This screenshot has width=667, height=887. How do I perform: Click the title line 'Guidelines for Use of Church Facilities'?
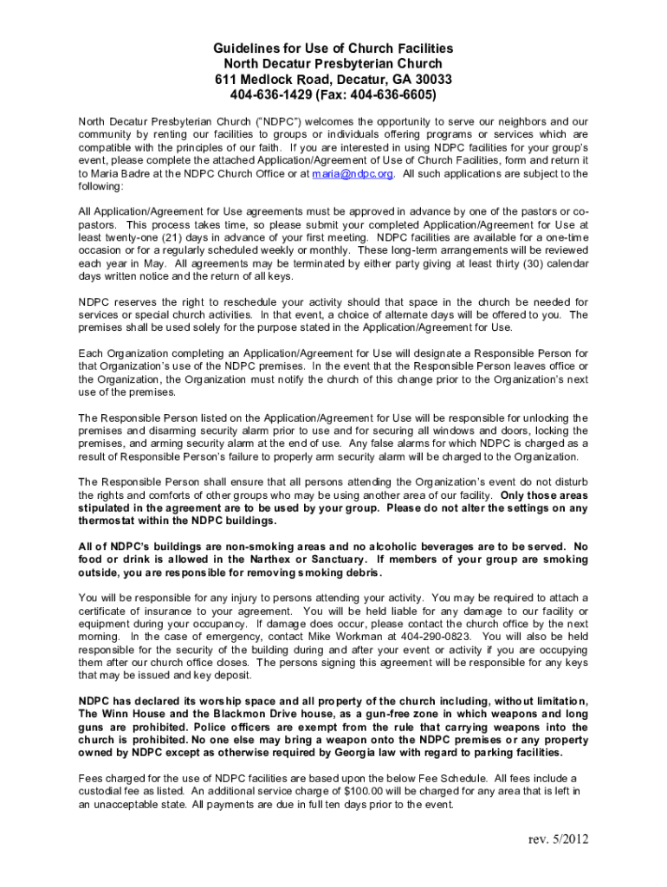[x=333, y=49]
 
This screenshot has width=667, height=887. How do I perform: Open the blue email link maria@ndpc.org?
[x=353, y=173]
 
